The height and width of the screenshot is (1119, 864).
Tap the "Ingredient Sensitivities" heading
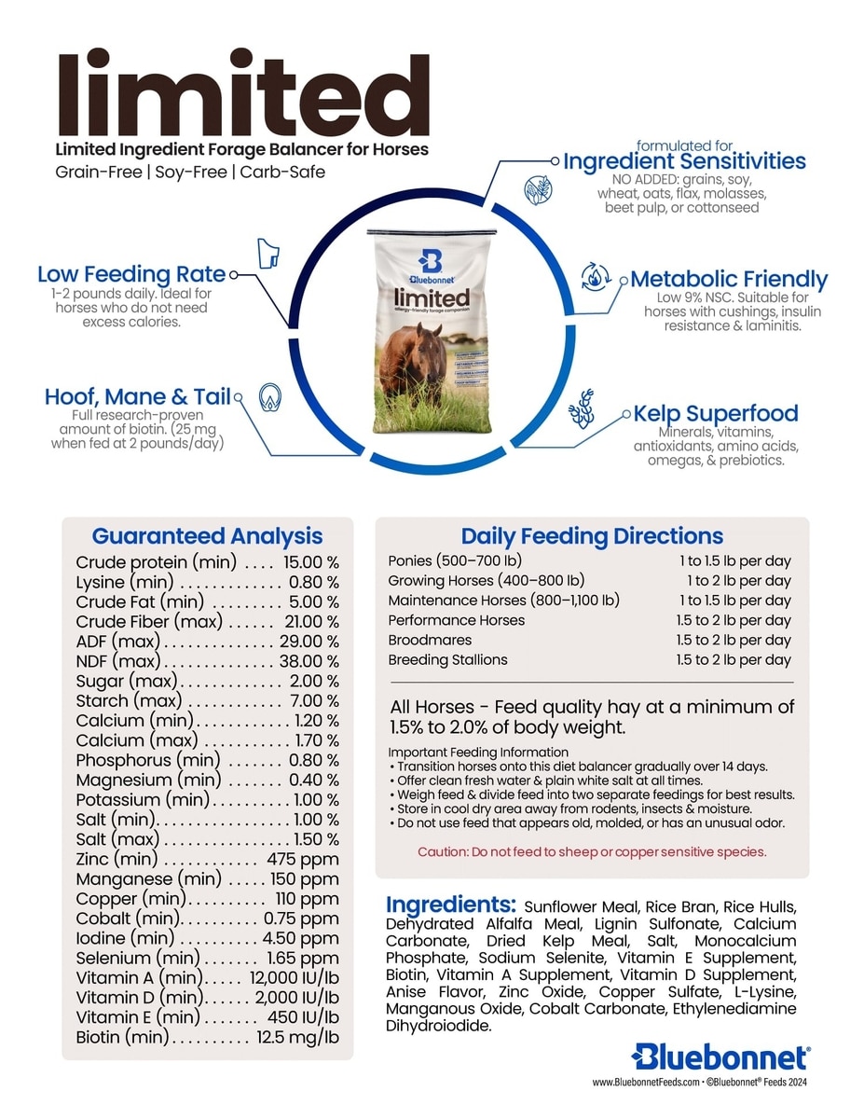[684, 161]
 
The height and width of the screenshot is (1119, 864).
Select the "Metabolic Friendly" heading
[729, 279]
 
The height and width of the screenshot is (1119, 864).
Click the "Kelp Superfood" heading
[716, 413]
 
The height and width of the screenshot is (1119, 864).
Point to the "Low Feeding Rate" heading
[131, 274]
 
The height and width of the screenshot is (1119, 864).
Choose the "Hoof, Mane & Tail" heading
[137, 396]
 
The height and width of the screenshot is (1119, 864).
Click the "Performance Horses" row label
[456, 620]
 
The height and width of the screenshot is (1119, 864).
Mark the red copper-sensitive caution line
[592, 851]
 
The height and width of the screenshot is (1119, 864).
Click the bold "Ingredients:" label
[451, 905]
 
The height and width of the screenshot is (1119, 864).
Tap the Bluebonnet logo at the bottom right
[720, 1057]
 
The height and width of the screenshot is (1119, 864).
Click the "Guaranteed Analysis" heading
[207, 536]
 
